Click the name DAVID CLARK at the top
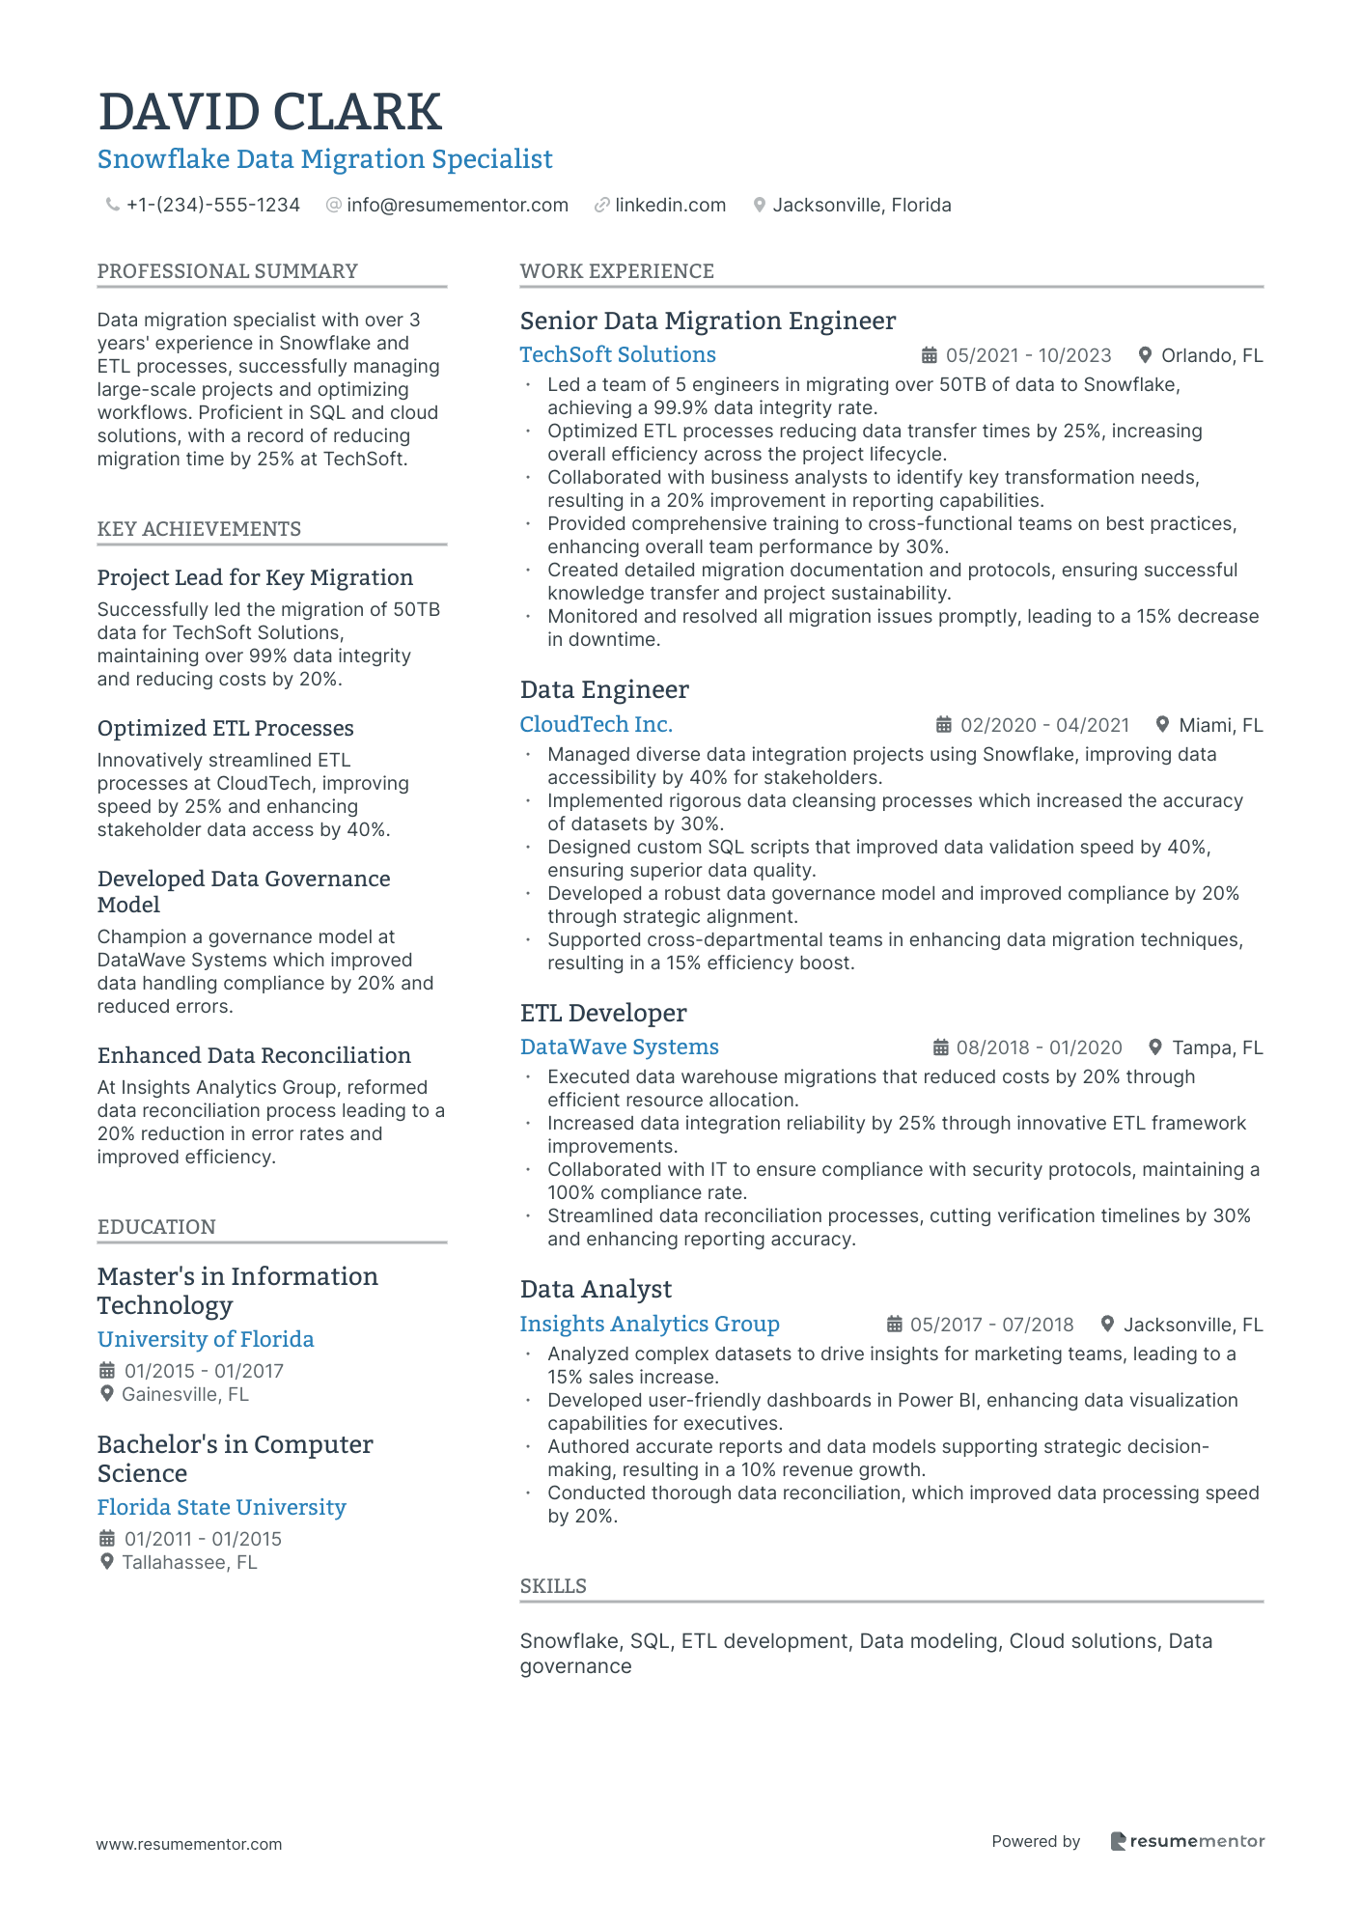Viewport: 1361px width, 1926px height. point(269,112)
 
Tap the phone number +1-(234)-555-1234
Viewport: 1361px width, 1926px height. point(212,206)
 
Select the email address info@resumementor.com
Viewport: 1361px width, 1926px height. point(457,206)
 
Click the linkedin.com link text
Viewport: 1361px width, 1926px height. point(670,206)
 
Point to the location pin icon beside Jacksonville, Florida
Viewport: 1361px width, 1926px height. point(760,206)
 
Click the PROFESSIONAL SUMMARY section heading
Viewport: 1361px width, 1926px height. point(227,271)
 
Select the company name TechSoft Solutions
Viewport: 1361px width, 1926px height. point(618,355)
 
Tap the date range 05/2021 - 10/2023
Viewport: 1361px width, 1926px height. point(1028,356)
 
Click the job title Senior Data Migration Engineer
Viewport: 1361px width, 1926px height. point(708,321)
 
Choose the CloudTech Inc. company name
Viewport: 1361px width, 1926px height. point(596,725)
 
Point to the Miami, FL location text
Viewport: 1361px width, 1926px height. point(1220,726)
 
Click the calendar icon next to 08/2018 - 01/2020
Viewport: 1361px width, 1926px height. point(941,1048)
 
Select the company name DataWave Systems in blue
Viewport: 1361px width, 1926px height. point(619,1047)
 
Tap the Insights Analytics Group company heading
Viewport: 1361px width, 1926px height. point(650,1325)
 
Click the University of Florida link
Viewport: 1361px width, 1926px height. point(206,1340)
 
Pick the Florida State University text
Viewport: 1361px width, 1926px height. point(221,1508)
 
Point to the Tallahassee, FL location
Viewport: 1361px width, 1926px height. point(189,1563)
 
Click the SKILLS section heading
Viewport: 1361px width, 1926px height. point(553,1586)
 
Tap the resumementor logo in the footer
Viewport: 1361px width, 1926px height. point(1187,1842)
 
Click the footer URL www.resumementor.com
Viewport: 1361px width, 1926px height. point(189,1844)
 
